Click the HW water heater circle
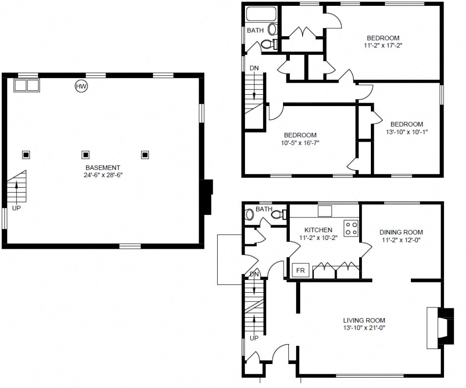(81, 86)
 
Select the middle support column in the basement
(85, 155)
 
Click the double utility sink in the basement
(26, 86)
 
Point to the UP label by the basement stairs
(17, 209)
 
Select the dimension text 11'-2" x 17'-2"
(383, 45)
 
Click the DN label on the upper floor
(254, 68)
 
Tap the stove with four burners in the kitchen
(351, 228)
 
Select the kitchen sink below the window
(325, 211)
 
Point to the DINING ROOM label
(401, 232)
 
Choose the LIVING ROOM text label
(364, 321)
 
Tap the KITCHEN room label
(318, 230)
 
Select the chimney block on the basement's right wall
(207, 196)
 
